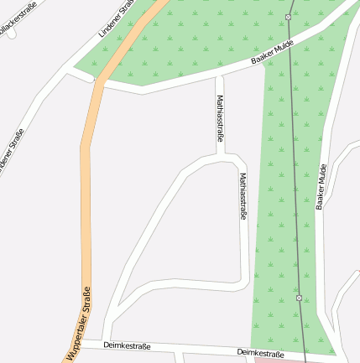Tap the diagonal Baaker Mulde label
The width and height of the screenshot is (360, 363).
(273, 54)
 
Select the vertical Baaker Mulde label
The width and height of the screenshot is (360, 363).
(321, 186)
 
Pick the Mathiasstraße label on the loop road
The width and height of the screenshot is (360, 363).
(243, 196)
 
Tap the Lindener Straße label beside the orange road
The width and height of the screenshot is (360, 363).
(117, 17)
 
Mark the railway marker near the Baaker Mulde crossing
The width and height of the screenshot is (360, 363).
(289, 17)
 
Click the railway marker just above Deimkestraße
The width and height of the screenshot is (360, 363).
(300, 298)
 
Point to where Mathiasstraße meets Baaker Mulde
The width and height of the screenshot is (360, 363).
(220, 76)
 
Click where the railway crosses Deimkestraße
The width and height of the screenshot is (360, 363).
(303, 355)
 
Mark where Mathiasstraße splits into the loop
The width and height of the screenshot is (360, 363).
(222, 157)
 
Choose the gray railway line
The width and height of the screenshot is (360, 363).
(295, 168)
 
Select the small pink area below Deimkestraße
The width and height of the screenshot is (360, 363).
(277, 361)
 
